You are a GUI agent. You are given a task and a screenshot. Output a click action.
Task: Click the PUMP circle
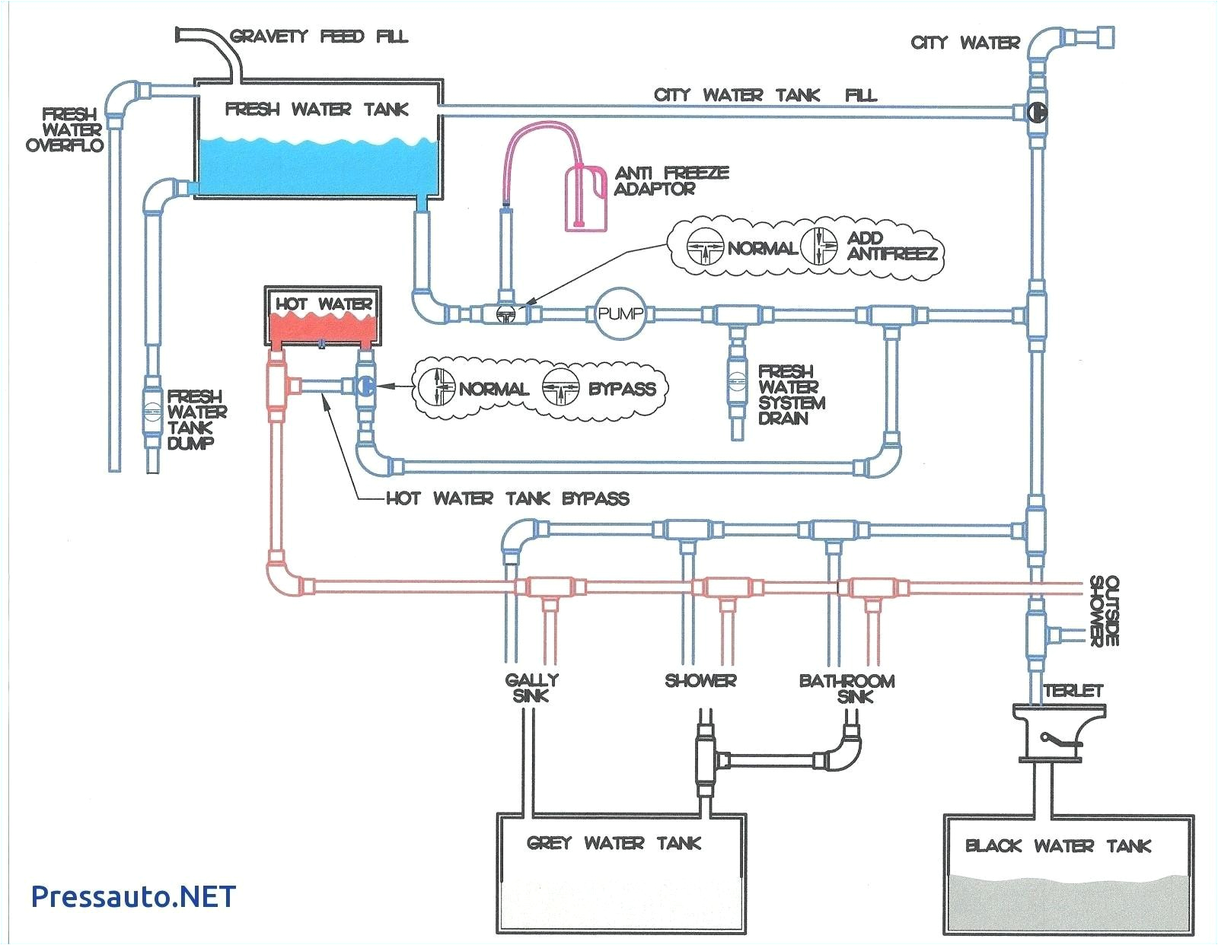click(x=620, y=313)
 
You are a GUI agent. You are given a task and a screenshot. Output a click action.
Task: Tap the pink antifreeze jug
click(x=587, y=199)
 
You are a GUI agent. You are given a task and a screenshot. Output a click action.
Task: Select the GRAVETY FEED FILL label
click(x=319, y=37)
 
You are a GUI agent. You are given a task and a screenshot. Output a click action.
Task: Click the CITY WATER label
click(x=965, y=43)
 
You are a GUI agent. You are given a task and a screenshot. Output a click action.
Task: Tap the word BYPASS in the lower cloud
click(x=621, y=389)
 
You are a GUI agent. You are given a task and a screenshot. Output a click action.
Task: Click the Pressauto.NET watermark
click(x=133, y=896)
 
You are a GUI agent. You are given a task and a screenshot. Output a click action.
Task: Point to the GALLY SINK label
click(x=531, y=687)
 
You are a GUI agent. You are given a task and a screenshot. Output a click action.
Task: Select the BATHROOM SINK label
click(x=847, y=688)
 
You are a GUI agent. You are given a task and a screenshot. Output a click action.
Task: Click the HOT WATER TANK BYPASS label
click(x=507, y=499)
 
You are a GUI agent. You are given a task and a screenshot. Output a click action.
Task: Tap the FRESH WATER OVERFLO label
click(x=65, y=129)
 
